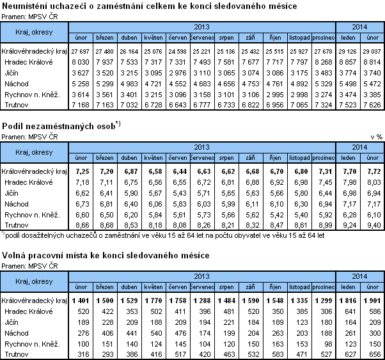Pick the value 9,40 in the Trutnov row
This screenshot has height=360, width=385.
(372, 225)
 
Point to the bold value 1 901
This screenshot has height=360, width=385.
(371, 299)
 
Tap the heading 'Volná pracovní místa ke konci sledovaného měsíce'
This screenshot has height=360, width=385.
(106, 256)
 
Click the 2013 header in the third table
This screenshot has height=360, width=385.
(202, 276)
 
